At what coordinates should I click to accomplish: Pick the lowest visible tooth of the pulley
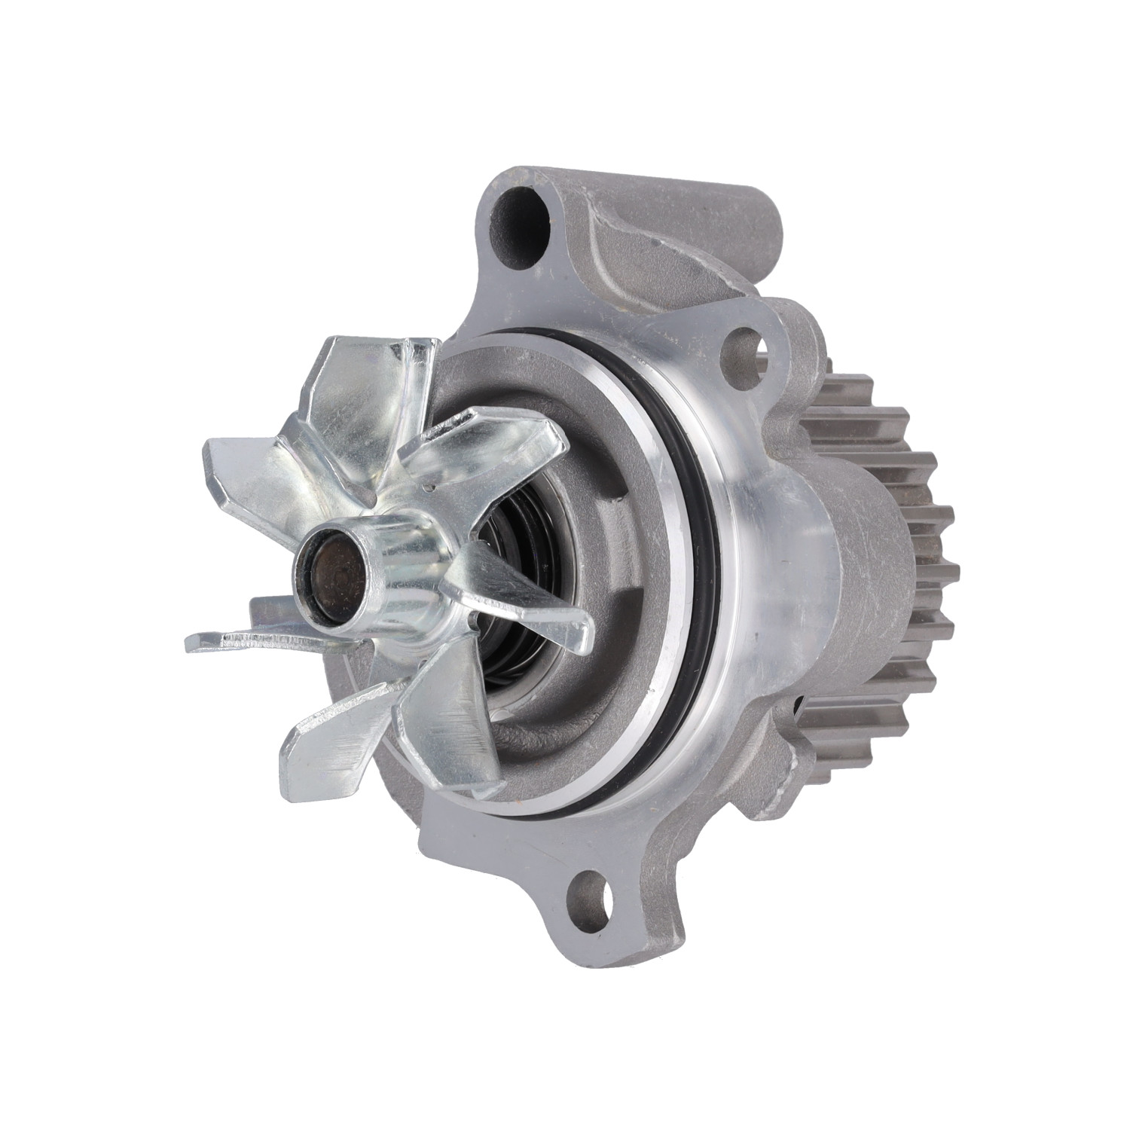pos(844,768)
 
